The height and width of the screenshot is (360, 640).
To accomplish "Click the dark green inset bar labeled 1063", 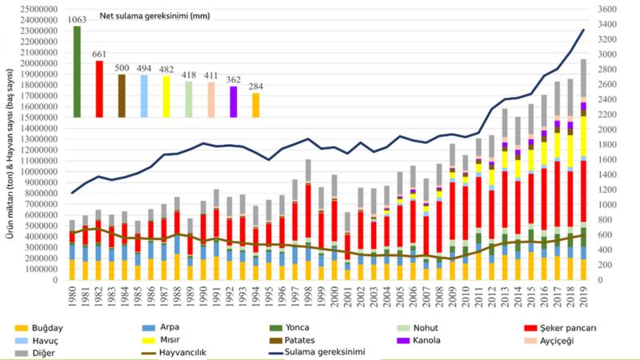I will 77,72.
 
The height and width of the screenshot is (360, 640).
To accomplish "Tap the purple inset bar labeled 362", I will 234,102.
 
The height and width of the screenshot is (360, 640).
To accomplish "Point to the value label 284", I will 255,86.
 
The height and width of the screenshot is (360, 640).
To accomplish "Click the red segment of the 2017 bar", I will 558,192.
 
